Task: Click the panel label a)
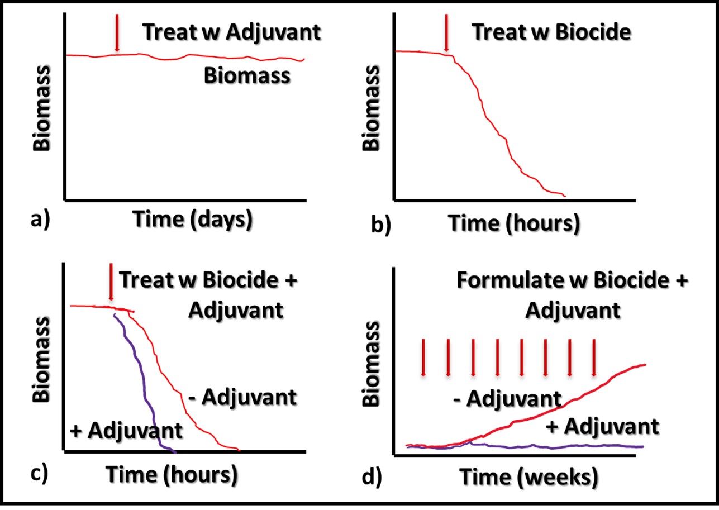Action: (40, 219)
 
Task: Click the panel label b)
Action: (381, 225)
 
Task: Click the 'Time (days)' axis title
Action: (193, 220)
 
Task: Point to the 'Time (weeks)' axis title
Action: (529, 477)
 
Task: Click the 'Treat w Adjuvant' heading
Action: (231, 32)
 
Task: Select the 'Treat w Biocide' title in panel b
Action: (551, 32)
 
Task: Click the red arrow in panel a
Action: (117, 33)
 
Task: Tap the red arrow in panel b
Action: (446, 33)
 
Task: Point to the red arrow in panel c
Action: (111, 282)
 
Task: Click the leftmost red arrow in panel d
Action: (423, 358)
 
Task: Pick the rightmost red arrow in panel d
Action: (594, 358)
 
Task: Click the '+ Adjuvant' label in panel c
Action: (126, 431)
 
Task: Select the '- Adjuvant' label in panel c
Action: (242, 398)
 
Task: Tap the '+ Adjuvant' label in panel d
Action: (602, 427)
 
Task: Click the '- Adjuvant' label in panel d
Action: (507, 399)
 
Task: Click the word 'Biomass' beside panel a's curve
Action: (247, 76)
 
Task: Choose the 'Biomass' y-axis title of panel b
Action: (371, 108)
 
